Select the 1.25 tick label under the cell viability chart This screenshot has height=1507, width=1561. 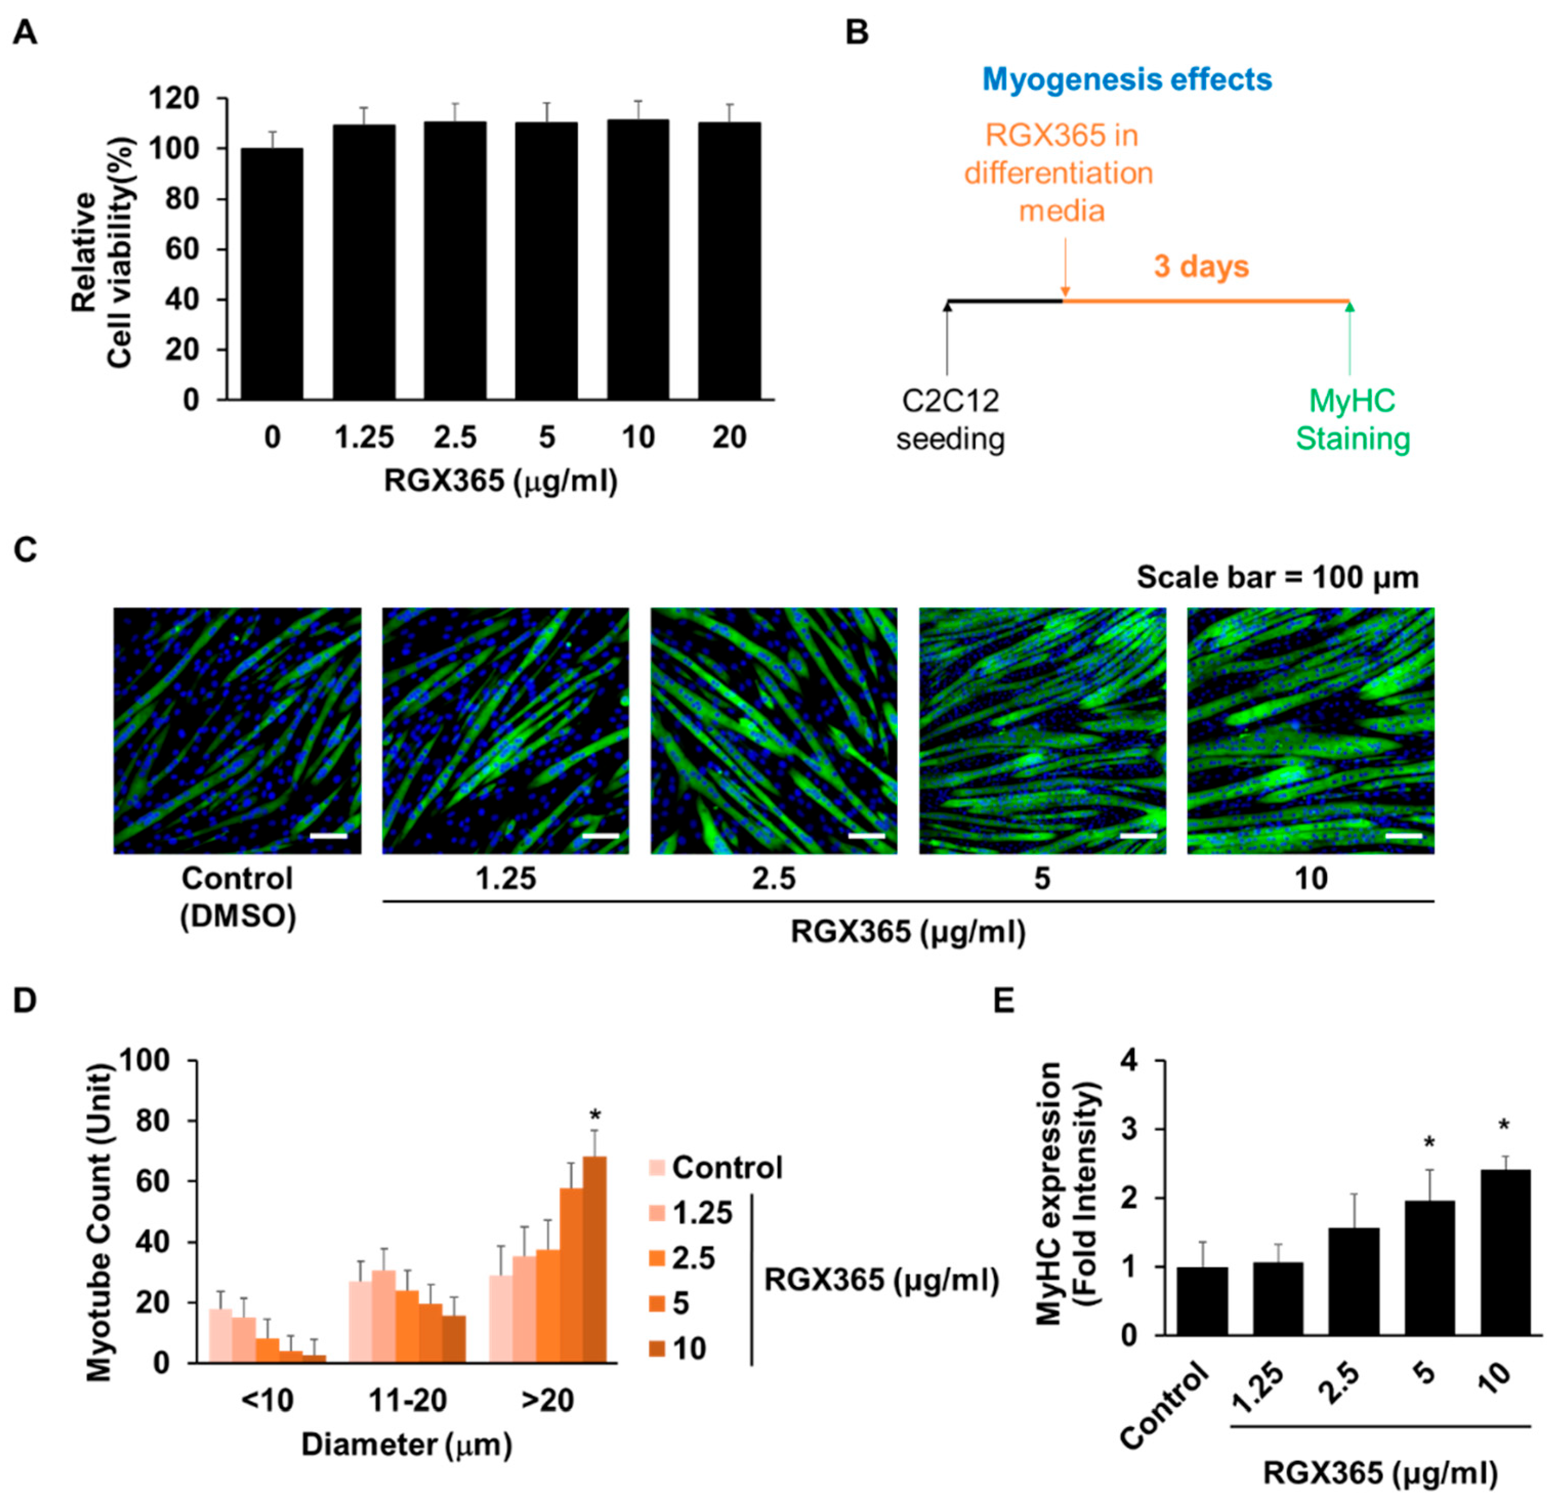[x=364, y=437]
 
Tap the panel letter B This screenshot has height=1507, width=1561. [x=856, y=33]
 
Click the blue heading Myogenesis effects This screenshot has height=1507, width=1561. [x=1126, y=79]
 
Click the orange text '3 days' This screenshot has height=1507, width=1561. [x=1201, y=266]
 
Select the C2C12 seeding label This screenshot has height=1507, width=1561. [x=950, y=420]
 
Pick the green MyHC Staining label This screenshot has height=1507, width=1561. [x=1353, y=420]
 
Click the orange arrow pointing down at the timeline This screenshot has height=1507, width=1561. [x=1065, y=271]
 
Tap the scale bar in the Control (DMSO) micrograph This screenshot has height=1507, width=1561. [x=328, y=835]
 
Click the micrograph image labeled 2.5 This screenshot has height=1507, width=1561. [x=773, y=730]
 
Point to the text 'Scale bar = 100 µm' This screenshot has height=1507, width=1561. [x=1277, y=577]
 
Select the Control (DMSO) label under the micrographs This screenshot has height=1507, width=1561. [x=237, y=897]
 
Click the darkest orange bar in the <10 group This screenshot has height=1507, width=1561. [x=314, y=1358]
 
